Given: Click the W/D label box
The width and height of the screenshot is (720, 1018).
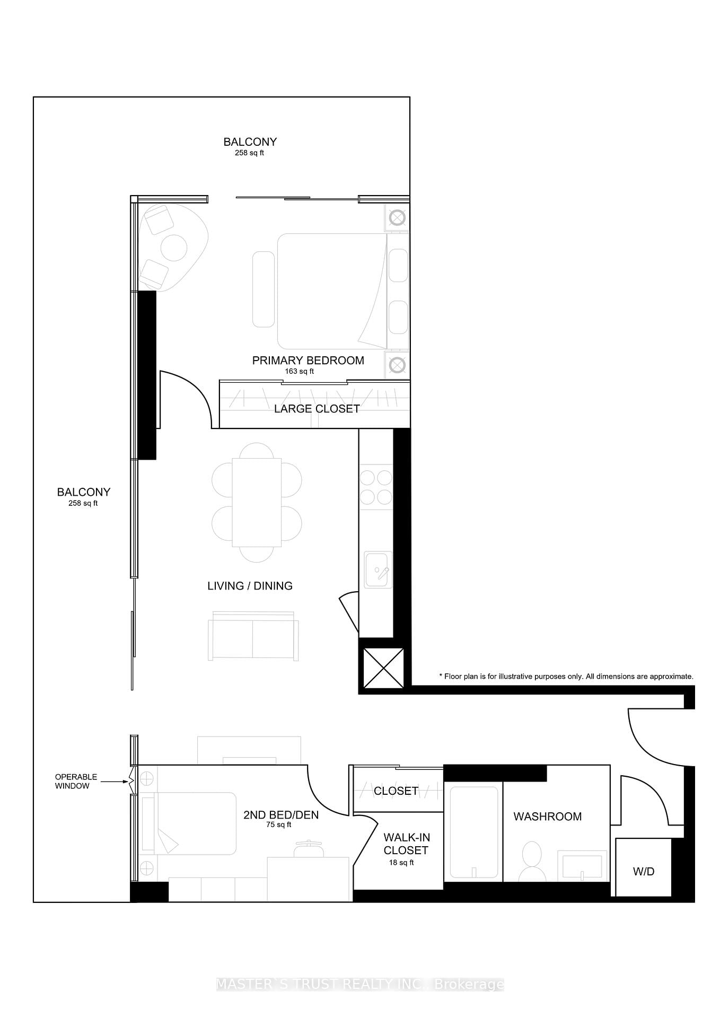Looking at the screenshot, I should click(643, 871).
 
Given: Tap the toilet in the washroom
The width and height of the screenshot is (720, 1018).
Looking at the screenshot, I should click(532, 861).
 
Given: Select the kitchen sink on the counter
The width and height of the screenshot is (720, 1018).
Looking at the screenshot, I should click(378, 569).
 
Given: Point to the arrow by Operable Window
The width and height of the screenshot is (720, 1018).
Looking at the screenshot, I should click(116, 782).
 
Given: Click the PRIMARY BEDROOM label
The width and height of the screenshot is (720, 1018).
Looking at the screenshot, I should click(308, 361).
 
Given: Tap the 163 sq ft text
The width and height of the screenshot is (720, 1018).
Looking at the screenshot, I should click(299, 371).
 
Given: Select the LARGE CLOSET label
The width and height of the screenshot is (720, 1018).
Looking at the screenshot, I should click(317, 409).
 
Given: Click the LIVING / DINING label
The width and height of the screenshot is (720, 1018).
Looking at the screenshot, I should click(250, 586).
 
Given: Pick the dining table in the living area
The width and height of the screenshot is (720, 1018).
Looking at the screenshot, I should click(257, 502).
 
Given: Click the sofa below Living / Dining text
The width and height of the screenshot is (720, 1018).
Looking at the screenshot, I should click(253, 638).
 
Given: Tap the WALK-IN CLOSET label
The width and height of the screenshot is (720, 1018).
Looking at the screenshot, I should click(406, 844).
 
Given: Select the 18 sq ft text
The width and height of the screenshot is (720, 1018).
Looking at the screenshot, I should click(401, 863).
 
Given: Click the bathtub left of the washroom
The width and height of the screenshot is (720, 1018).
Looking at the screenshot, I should click(473, 831).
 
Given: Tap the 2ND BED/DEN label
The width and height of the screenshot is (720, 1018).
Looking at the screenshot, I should click(281, 815).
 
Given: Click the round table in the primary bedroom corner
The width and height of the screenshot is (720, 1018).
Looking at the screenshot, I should click(173, 248).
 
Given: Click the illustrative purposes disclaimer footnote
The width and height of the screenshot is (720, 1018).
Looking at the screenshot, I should click(566, 677).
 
